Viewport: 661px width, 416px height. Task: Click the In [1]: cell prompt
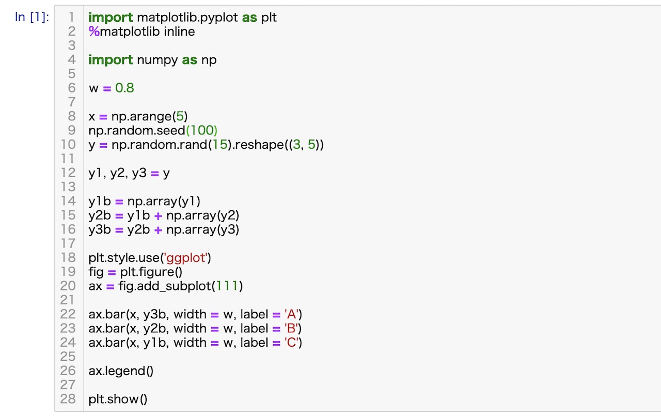point(32,17)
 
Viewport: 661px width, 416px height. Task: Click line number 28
point(68,399)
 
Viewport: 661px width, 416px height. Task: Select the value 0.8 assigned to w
point(124,88)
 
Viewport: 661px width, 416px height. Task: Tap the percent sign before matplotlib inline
point(94,32)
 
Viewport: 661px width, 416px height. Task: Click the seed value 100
point(202,130)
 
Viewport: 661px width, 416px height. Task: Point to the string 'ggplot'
point(186,258)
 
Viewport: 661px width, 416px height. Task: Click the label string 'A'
point(292,314)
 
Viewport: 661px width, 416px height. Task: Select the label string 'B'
point(291,328)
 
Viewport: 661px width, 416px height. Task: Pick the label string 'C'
point(292,343)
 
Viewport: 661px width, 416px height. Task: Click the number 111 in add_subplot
point(227,286)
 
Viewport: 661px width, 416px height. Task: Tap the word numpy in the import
point(158,60)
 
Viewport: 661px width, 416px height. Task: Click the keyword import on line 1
point(111,18)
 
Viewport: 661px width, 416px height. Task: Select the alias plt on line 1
point(269,18)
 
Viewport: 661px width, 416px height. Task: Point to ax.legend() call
point(121,371)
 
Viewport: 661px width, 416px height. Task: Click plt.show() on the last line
point(118,399)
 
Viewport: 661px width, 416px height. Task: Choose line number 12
point(68,173)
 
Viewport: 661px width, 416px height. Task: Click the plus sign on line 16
point(158,230)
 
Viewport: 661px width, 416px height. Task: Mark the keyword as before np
point(190,60)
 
